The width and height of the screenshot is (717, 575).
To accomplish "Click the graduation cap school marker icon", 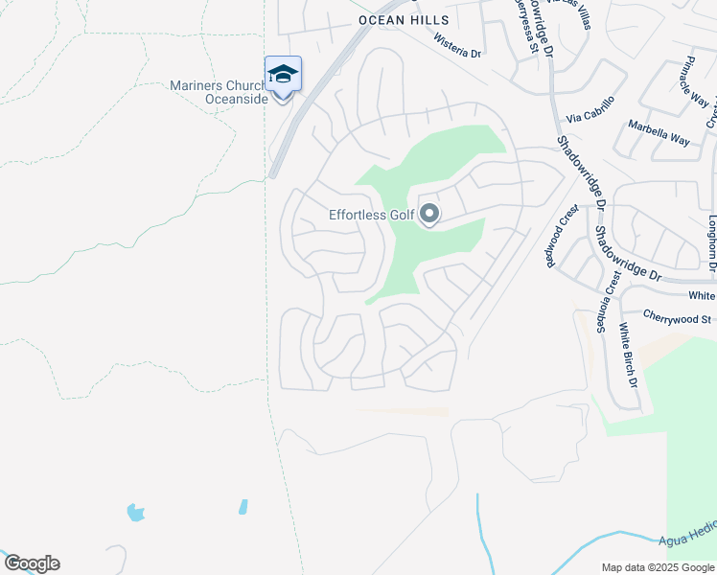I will [x=283, y=73].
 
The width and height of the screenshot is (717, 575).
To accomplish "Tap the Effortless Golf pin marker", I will [x=429, y=214].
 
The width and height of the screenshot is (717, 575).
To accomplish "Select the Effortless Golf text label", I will [x=372, y=215].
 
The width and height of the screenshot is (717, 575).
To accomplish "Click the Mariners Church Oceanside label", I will [x=220, y=92].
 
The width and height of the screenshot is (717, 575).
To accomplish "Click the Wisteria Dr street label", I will [x=457, y=48].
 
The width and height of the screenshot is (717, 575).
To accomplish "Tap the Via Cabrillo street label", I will [x=590, y=109].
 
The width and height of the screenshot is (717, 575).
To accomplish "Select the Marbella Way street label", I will [x=659, y=132].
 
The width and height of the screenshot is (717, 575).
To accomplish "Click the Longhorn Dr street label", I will [x=712, y=240].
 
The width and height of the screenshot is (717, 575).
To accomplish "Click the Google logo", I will [x=31, y=563].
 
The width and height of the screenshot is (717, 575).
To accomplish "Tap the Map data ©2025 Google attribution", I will [x=657, y=567].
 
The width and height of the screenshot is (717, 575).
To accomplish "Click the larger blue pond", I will [x=136, y=513].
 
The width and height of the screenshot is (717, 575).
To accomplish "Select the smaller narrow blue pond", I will [x=243, y=506].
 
